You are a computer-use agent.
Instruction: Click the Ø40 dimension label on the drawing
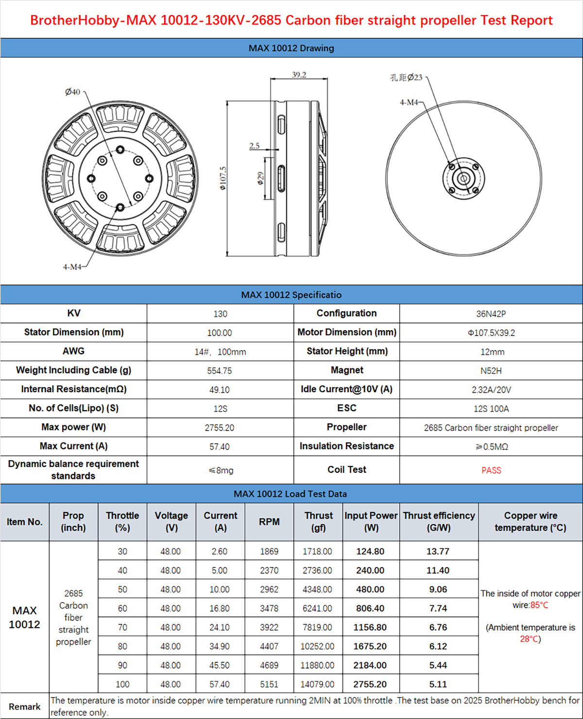click(x=72, y=92)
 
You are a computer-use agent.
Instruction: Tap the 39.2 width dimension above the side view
click(x=299, y=75)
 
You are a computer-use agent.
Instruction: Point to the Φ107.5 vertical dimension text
click(x=223, y=178)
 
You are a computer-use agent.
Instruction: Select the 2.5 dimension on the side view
click(x=255, y=146)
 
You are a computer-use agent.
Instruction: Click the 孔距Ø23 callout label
click(x=406, y=77)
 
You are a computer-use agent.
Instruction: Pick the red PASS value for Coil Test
click(x=491, y=470)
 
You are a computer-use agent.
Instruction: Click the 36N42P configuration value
click(x=491, y=314)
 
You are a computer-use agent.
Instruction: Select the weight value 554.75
click(x=220, y=371)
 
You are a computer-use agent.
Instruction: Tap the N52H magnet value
click(x=491, y=371)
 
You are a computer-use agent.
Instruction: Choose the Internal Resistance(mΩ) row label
click(x=74, y=389)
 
